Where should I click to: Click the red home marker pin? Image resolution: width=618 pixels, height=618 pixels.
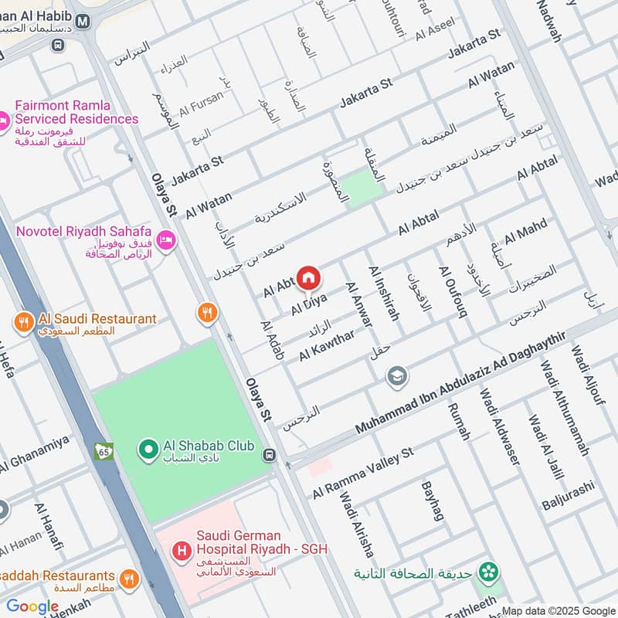click(x=308, y=277)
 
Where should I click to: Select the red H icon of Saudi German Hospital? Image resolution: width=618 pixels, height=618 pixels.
click(x=181, y=551)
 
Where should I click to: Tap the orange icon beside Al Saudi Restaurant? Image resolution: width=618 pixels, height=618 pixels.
click(x=23, y=320)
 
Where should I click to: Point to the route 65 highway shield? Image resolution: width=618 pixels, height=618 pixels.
click(x=104, y=450)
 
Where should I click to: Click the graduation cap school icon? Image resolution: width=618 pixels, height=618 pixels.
click(x=398, y=376)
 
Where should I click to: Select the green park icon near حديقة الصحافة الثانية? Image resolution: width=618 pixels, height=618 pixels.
click(x=487, y=572)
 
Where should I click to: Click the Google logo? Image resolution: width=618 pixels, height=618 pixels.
click(x=32, y=606)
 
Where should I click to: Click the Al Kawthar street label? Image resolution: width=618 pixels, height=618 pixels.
click(x=327, y=345)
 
